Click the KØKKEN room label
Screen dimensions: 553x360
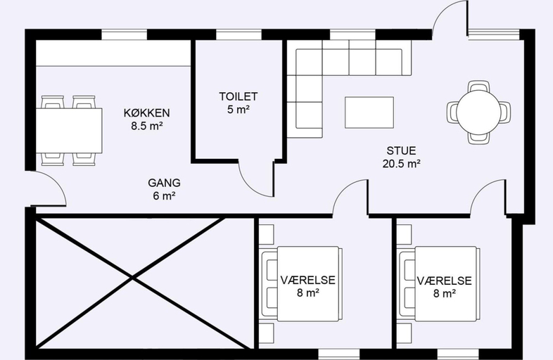pos(147,112)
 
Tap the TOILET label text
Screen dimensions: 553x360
pos(239,96)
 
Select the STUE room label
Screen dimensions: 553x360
pos(401,150)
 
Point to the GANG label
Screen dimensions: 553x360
pos(164,183)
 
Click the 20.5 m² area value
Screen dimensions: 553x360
pos(401,164)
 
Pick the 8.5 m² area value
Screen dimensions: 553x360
pos(147,126)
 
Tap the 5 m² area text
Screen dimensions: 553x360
pos(239,109)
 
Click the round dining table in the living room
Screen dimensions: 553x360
pos(478,112)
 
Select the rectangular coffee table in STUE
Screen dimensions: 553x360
pos(369,112)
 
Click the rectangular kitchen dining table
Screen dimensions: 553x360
pos(69,131)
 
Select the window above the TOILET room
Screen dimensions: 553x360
pos(239,34)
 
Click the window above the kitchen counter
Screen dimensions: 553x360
pos(124,34)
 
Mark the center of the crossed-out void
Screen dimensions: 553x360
pos(132,278)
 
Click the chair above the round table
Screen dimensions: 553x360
pos(478,86)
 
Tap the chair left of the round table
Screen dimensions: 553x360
pos(452,112)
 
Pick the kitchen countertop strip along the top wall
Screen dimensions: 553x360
pos(113,53)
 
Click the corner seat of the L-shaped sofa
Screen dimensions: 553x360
pos(309,62)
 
